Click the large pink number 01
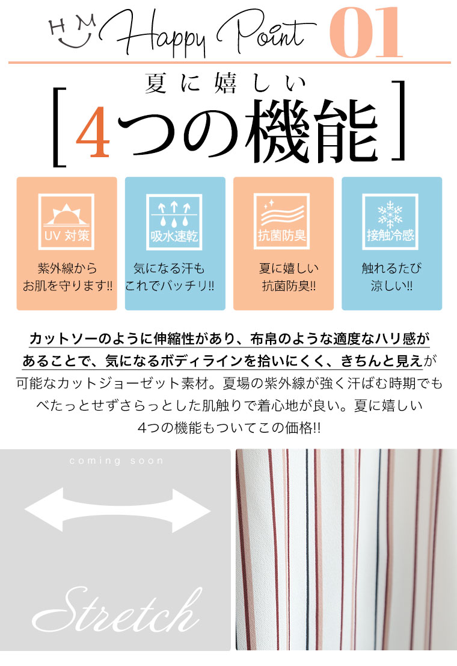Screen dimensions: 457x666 coord(366,33)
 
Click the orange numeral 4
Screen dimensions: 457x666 coord(93,131)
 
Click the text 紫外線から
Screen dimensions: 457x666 coord(67,269)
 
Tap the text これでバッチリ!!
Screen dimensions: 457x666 coord(170,285)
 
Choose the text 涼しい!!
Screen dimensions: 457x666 coord(391,286)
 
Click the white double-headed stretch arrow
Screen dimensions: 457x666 coord(117,510)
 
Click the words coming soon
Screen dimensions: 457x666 coord(116,461)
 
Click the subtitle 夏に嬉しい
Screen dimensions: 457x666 coord(225,83)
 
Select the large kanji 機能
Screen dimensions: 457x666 coord(312,131)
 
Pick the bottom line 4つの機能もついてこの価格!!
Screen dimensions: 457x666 coord(228,428)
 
